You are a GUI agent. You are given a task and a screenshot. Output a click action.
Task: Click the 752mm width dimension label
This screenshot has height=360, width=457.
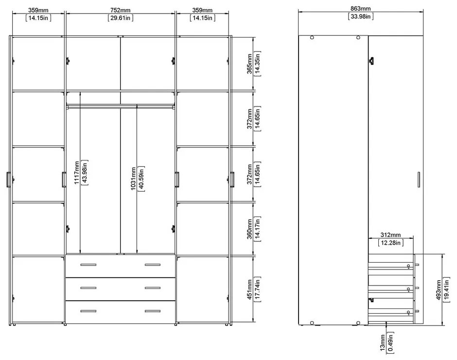(x=120, y=10)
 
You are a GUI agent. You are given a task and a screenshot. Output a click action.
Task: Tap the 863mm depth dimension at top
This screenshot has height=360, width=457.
(x=360, y=8)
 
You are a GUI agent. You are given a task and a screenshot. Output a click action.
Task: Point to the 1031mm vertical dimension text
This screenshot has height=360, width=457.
(x=133, y=180)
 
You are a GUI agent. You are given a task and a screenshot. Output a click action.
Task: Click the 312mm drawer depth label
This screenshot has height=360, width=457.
(x=391, y=235)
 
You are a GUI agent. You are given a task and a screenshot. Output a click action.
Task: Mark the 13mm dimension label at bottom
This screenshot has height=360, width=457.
(x=383, y=343)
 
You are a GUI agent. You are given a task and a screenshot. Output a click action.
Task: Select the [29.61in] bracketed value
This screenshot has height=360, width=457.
(x=120, y=18)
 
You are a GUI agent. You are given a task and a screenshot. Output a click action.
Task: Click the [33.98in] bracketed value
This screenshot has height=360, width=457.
(x=360, y=17)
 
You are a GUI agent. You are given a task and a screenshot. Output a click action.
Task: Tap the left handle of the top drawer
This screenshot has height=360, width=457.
(x=88, y=265)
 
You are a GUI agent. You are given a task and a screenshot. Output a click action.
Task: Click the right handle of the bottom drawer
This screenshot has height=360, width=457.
(x=152, y=311)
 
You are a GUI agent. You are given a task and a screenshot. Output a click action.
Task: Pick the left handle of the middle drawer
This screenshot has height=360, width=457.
(x=88, y=288)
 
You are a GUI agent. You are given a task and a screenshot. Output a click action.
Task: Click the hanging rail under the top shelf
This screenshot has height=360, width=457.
(x=120, y=105)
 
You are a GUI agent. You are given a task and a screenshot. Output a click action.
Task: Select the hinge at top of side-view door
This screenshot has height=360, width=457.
(x=372, y=61)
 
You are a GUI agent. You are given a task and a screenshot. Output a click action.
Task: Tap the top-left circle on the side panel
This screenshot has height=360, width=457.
(x=312, y=38)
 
